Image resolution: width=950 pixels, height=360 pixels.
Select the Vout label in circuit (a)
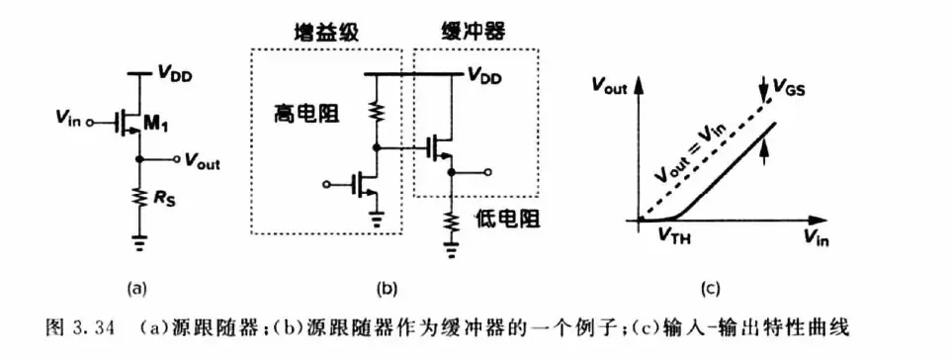tap(203, 162)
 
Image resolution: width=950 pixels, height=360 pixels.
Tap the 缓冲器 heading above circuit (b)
tap(466, 32)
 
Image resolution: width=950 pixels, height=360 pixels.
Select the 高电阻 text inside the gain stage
tap(303, 113)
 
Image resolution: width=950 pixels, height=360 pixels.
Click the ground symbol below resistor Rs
tap(140, 243)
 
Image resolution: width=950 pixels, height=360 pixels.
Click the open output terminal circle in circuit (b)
tap(487, 173)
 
